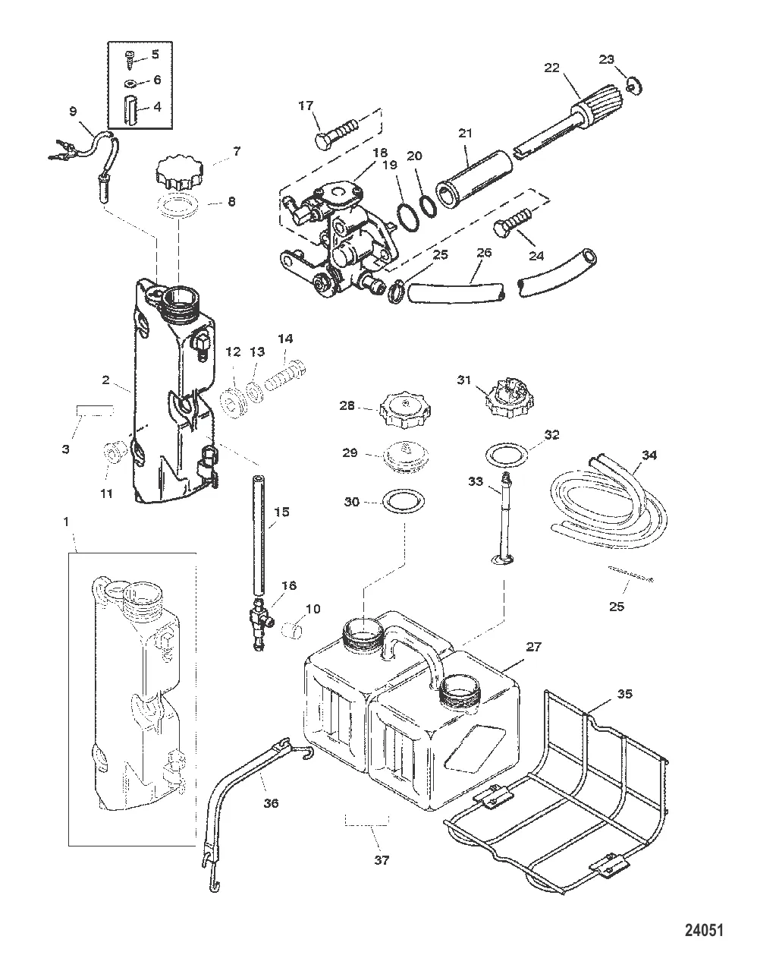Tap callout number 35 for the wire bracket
tap(624, 694)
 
